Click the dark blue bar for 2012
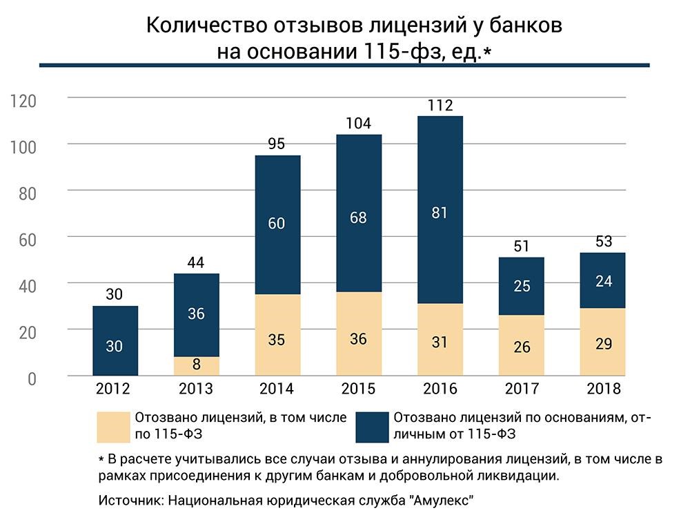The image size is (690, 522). [115, 340]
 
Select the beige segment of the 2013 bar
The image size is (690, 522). [197, 366]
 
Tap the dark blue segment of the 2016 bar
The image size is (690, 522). [440, 210]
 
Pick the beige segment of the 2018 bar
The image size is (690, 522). [602, 342]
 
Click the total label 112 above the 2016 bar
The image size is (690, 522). [440, 105]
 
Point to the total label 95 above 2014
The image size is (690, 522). [277, 144]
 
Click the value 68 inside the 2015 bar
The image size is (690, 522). [358, 217]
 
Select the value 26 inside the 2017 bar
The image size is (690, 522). [522, 347]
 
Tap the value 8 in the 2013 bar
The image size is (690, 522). [197, 365]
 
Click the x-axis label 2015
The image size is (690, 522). [358, 389]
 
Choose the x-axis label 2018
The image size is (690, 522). [603, 389]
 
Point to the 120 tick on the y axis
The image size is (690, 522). [23, 101]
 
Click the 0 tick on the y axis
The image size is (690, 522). [32, 379]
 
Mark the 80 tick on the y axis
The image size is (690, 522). [28, 194]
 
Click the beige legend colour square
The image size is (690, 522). [114, 427]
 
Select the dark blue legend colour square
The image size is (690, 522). [373, 427]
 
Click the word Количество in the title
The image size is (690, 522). [207, 25]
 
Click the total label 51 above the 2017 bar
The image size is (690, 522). [522, 246]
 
